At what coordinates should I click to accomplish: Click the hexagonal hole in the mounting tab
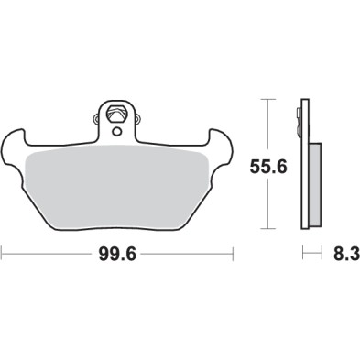tap(116, 115)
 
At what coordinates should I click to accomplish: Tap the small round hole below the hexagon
tap(116, 129)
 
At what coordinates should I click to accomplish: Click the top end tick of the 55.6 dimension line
tap(267, 98)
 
